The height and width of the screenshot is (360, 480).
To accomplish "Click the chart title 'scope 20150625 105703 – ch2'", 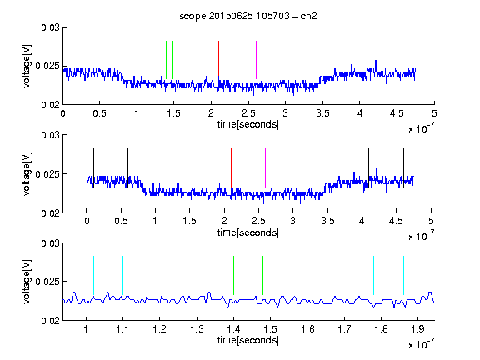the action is [248, 16].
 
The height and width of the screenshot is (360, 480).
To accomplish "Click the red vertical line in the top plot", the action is [218, 59].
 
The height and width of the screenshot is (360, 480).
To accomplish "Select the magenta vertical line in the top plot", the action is [256, 60].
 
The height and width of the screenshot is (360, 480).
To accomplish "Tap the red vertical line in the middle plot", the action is [231, 167].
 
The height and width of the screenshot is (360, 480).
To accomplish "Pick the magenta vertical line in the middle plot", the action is [265, 167].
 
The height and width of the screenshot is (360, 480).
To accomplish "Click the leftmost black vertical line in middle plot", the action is [93, 167].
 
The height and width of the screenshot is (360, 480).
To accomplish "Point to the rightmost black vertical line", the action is [403, 167].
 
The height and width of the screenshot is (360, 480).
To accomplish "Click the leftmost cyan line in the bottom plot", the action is [93, 276].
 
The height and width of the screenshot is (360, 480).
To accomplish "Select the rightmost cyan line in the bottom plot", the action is [403, 276].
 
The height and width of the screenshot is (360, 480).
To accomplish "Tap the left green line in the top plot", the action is [166, 60].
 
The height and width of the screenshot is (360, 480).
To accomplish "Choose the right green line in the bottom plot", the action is [263, 276].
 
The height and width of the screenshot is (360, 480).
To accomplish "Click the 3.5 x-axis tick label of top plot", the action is [322, 113].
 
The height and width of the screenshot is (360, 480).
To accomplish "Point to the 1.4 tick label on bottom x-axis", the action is [233, 329].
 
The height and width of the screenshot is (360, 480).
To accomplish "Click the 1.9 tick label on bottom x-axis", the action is [417, 329].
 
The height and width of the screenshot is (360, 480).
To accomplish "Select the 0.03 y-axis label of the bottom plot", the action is [50, 243].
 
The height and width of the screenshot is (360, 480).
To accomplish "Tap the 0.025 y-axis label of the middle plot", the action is [47, 174].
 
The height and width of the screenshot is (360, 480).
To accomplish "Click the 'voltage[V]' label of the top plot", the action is [27, 66].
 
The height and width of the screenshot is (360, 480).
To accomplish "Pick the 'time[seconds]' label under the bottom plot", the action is [248, 340].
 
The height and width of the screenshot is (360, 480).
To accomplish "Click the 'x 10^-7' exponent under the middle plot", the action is [421, 236].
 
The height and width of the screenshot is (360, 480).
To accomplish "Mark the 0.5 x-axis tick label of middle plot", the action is [121, 221].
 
